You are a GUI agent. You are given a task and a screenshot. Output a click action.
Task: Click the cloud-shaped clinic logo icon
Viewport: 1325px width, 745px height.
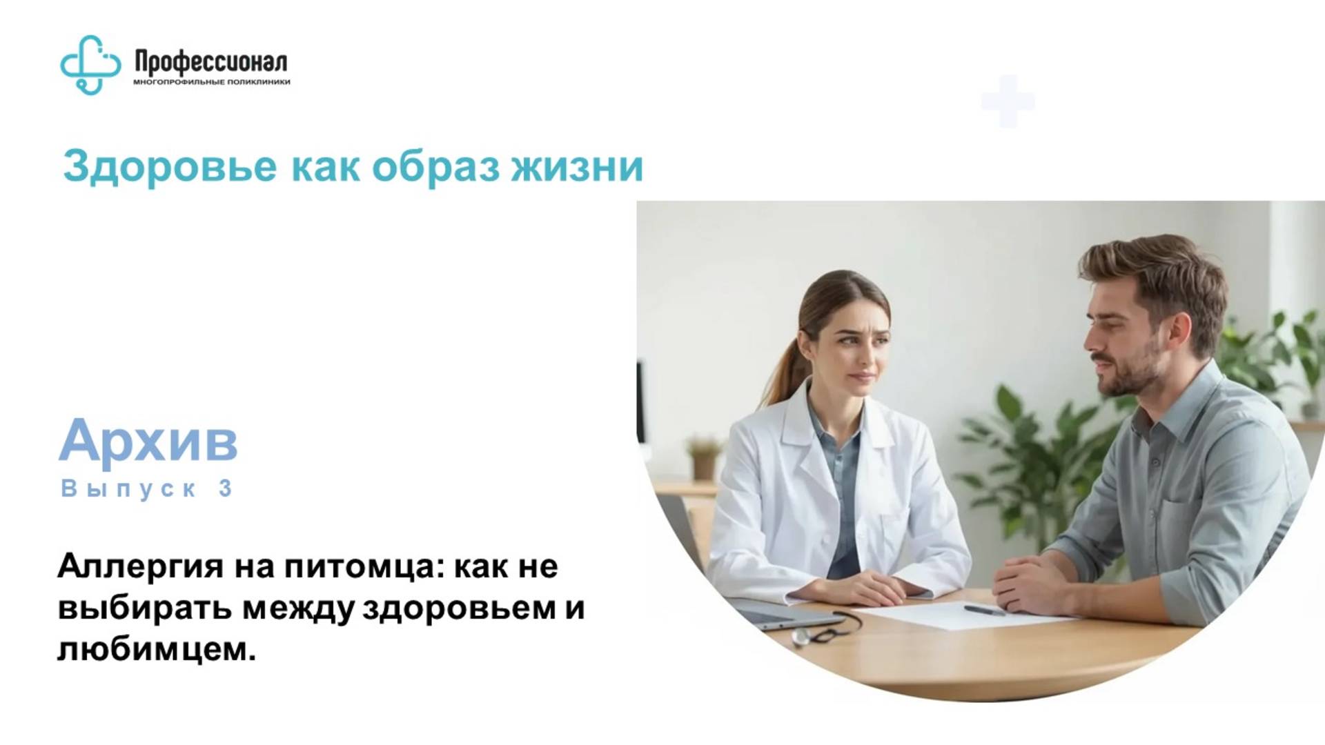click(x=90, y=65)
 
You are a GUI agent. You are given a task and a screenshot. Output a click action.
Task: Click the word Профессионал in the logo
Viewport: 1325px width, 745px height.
click(x=210, y=62)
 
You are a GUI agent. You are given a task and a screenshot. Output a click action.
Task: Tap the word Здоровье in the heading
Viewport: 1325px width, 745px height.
click(x=170, y=166)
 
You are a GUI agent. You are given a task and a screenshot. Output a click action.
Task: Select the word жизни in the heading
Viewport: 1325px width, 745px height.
click(x=577, y=166)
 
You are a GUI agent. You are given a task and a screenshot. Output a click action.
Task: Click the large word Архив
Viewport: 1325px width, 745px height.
click(x=148, y=440)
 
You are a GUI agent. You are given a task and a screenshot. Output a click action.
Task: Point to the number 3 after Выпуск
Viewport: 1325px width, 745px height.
click(x=226, y=488)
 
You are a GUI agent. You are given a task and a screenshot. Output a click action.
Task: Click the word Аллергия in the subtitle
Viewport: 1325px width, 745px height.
click(x=140, y=567)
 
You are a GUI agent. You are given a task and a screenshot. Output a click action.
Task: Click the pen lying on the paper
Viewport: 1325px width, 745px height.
click(x=984, y=610)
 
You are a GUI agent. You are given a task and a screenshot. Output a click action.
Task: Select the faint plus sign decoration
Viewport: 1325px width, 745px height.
click(x=1008, y=101)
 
